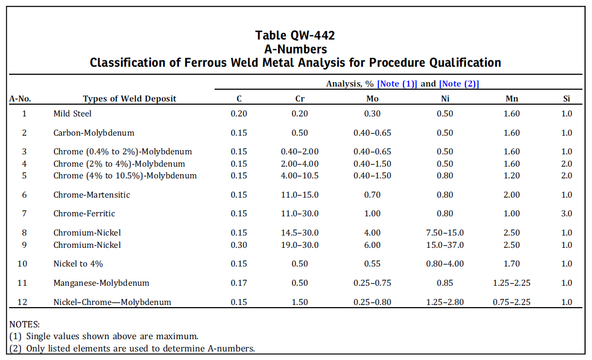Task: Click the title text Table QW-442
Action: [x=295, y=36]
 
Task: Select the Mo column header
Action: [x=372, y=99]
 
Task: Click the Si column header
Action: [x=566, y=99]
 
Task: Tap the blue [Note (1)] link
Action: [x=397, y=84]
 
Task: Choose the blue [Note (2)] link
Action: [x=459, y=84]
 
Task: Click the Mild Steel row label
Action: [x=73, y=114]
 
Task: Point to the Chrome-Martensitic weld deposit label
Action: [x=92, y=195]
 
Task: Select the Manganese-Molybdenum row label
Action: [x=101, y=283]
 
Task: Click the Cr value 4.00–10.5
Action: [x=299, y=176]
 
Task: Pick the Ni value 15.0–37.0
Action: [x=445, y=245]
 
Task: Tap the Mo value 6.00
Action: [x=372, y=245]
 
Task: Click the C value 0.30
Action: [x=239, y=245]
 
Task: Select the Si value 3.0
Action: [x=566, y=214]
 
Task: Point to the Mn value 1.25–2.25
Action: [x=511, y=283]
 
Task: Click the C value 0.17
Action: [x=239, y=283]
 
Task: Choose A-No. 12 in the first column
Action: [x=22, y=302]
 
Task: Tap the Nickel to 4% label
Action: [x=78, y=264]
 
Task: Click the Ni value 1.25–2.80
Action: [x=445, y=302]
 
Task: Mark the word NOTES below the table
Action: [x=25, y=324]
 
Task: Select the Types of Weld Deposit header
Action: [x=129, y=99]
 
